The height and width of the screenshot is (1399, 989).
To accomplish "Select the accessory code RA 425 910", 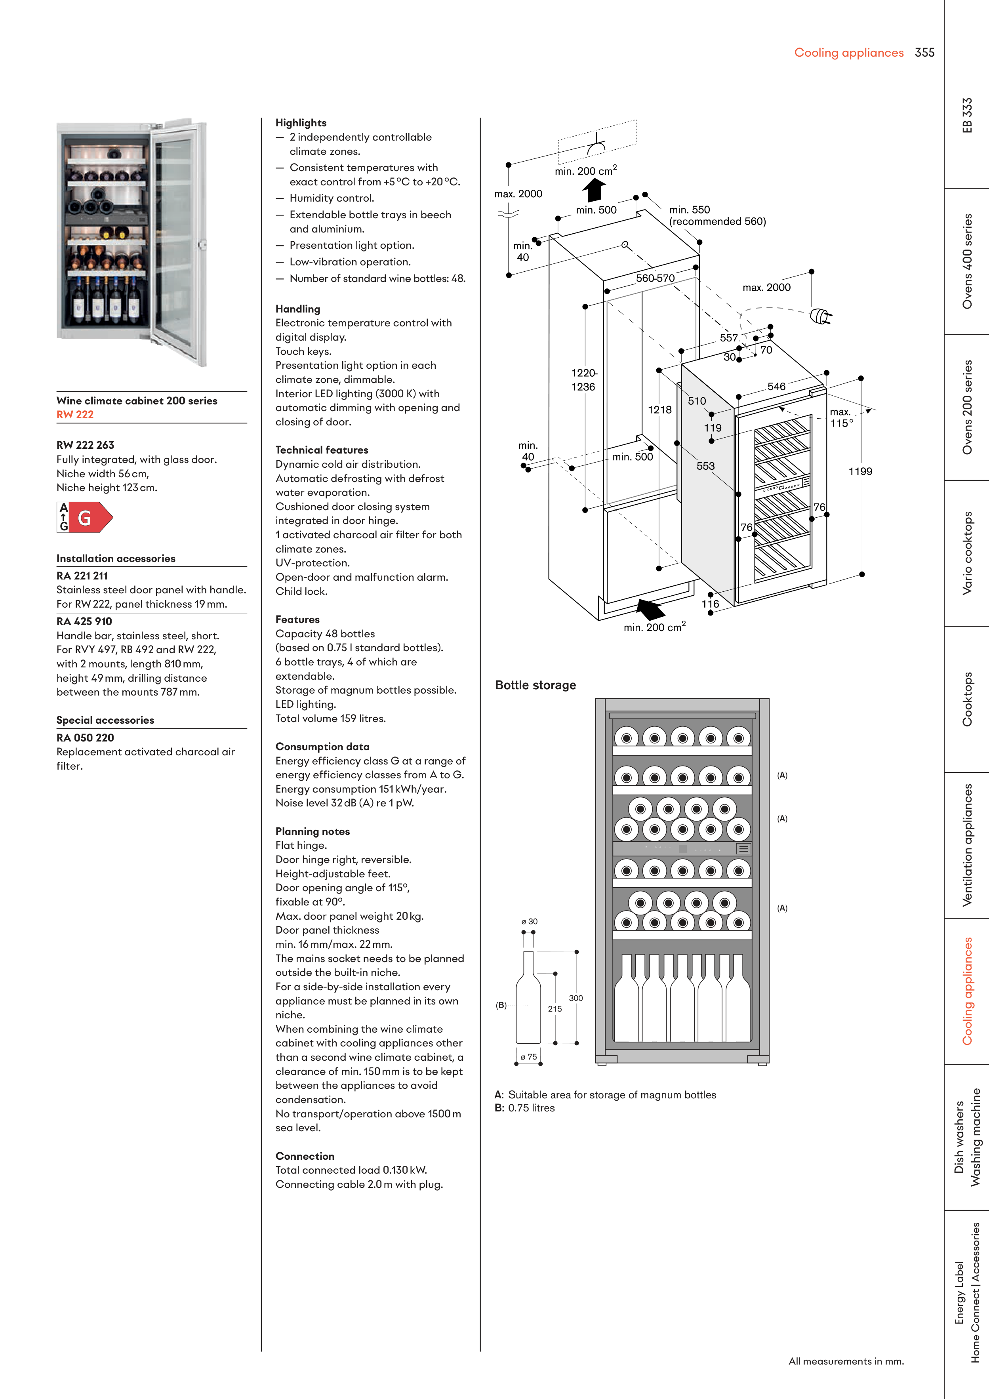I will pos(84,621).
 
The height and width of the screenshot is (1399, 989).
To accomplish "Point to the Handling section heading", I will pos(297,309).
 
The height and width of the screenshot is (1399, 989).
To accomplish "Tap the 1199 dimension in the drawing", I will pos(860,472).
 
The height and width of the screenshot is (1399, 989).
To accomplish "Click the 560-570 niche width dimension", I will pos(655,278).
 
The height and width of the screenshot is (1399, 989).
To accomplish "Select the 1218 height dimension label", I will pos(659,410).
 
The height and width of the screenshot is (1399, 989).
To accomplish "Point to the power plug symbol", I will pos(820,316).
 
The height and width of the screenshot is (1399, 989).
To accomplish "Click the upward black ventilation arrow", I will pos(594,190).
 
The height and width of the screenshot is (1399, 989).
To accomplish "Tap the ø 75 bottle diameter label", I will pos(528,1057).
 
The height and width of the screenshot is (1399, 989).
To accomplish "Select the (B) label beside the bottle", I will pos(501,1005).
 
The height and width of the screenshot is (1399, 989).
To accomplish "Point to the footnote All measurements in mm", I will pos(846,1361).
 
